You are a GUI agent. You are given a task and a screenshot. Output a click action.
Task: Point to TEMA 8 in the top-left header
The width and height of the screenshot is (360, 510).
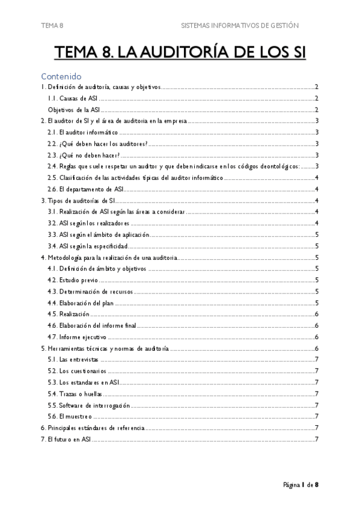pos(52,25)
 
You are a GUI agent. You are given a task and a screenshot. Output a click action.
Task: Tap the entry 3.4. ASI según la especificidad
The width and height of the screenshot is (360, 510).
pos(87,246)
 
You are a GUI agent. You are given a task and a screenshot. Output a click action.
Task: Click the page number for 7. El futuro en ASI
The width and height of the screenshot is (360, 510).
pos(316,439)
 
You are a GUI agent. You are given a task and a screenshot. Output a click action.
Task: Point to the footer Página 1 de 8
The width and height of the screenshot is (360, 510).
pos(301,485)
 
